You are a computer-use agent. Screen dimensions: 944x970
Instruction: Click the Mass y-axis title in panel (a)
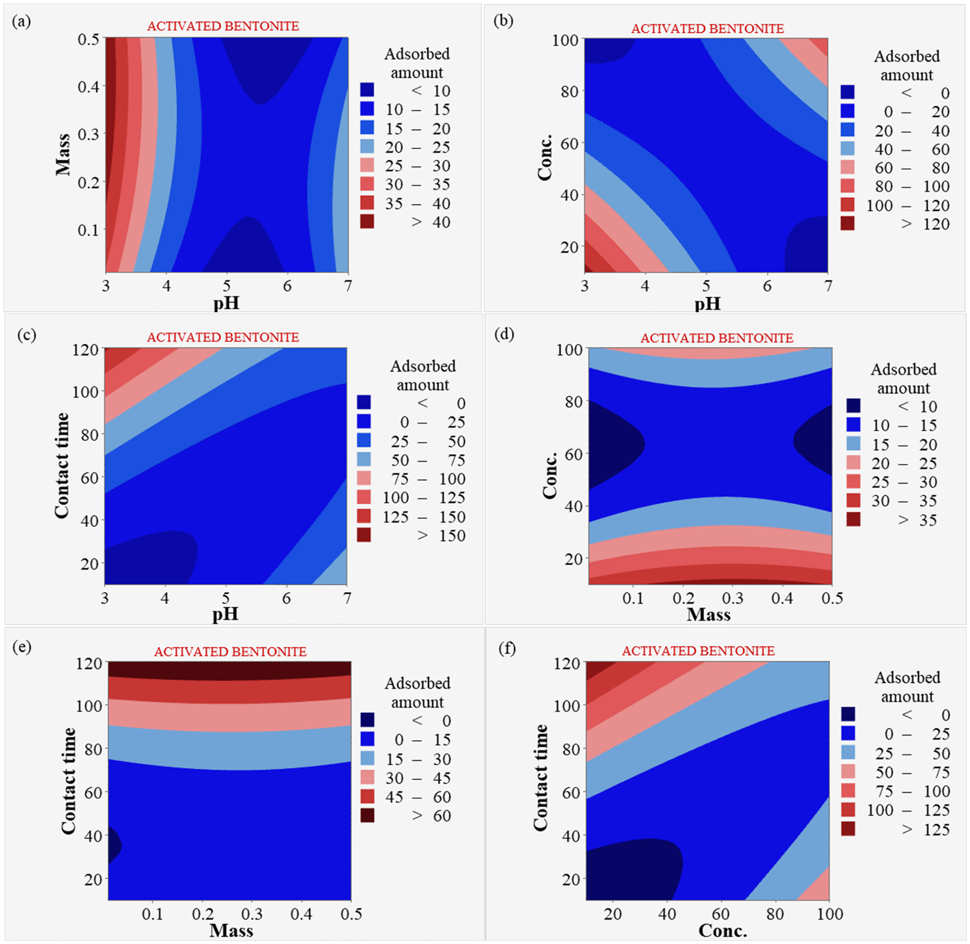click(x=63, y=154)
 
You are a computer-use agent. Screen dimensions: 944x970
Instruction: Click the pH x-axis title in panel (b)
click(x=707, y=303)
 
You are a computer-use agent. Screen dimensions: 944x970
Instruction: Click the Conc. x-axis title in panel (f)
click(x=722, y=930)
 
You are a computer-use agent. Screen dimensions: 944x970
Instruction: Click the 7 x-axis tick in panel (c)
click(x=347, y=598)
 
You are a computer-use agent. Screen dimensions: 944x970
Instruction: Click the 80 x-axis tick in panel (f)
click(x=775, y=913)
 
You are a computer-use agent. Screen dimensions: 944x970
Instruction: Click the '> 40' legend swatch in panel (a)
click(x=367, y=221)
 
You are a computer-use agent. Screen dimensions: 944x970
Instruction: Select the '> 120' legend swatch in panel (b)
click(x=848, y=224)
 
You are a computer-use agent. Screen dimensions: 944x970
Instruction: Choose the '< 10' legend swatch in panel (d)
click(x=853, y=406)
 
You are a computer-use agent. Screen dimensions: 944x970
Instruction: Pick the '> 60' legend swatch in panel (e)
click(x=367, y=815)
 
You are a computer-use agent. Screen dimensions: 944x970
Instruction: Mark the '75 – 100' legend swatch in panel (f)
click(x=848, y=791)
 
